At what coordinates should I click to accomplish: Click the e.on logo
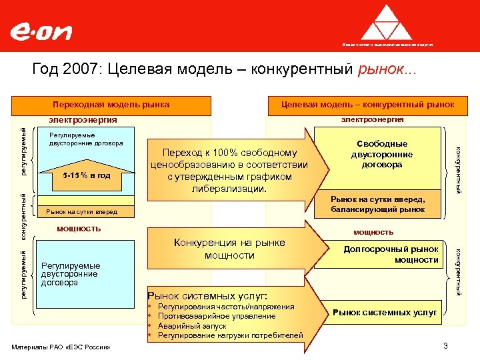(x=41, y=32)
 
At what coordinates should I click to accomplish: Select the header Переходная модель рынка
(x=111, y=105)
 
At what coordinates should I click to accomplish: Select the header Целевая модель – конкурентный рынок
(x=367, y=105)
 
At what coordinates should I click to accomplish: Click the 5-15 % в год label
(x=86, y=175)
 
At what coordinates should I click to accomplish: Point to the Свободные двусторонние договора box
(x=381, y=154)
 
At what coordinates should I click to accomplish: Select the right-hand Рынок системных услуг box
(x=385, y=311)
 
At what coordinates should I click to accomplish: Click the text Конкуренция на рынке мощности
(x=229, y=249)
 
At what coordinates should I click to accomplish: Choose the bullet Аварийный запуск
(x=191, y=325)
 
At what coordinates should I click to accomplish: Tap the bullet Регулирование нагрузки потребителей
(x=229, y=335)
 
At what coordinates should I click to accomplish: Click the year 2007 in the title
(x=75, y=69)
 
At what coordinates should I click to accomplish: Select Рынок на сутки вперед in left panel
(x=81, y=212)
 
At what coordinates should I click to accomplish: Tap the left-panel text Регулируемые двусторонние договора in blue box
(x=70, y=274)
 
